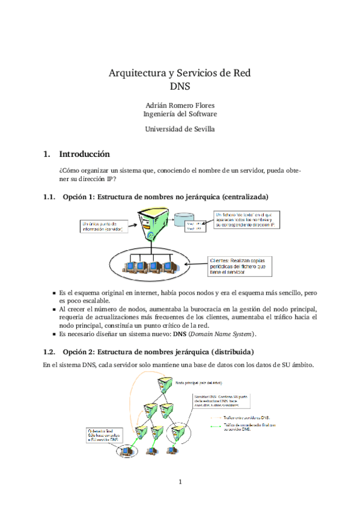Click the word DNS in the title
pyautogui.click(x=180, y=85)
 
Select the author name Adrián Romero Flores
pyautogui.click(x=180, y=104)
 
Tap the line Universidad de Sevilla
pyautogui.click(x=180, y=129)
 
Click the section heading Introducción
pyautogui.click(x=84, y=153)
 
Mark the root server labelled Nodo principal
pyautogui.click(x=164, y=385)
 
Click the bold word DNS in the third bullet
pyautogui.click(x=180, y=334)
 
